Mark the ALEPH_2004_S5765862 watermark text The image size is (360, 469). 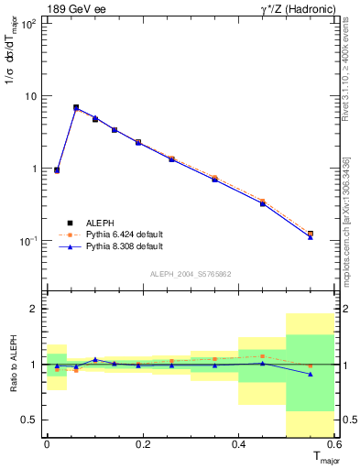click(189, 274)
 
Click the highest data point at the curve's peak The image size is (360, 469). click(76, 108)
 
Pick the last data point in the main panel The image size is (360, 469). click(311, 234)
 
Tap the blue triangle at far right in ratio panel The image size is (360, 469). click(311, 374)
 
